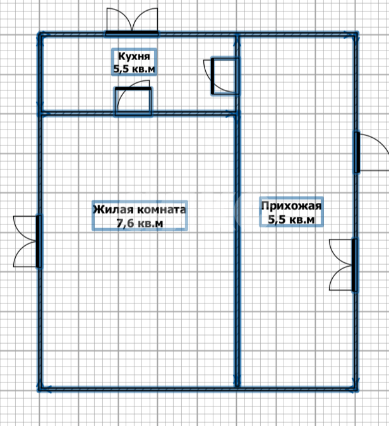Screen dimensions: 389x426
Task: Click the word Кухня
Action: coord(134,56)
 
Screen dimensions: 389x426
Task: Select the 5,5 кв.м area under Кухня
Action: coord(134,69)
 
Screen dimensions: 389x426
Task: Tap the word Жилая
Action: coord(114,209)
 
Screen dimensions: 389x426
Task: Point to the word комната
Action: coord(162,209)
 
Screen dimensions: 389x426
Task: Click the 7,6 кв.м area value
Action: coord(140,223)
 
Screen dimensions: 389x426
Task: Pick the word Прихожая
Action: coord(291,205)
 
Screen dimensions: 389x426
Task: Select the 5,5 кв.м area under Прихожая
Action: coord(291,219)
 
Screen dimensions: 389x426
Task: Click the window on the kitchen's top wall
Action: coord(132,33)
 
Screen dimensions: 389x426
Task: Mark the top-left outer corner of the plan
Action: coord(39,33)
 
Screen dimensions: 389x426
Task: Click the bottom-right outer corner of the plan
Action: coord(357,390)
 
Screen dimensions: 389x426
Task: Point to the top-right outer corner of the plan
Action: coord(357,33)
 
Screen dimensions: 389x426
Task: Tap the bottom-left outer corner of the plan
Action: coord(39,390)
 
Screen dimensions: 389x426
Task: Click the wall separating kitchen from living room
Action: coord(138,113)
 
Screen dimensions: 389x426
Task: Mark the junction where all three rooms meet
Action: coord(237,113)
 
